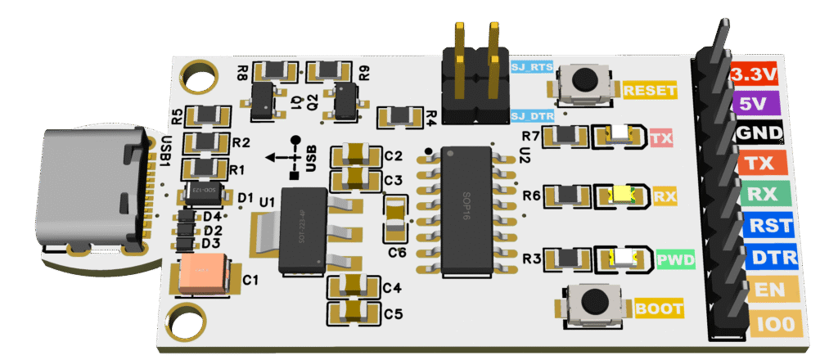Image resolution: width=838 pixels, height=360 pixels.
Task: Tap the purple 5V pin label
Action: coord(754,103)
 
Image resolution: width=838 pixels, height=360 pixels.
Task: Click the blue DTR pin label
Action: coord(769,258)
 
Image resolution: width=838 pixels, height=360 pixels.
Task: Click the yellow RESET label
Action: coord(647,90)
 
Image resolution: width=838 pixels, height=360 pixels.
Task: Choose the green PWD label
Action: coord(677,261)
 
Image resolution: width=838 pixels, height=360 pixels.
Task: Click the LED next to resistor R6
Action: coord(624,196)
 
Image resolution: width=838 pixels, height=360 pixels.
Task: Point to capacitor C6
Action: coord(395,218)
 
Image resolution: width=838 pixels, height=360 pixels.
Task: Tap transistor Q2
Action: coord(346,100)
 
